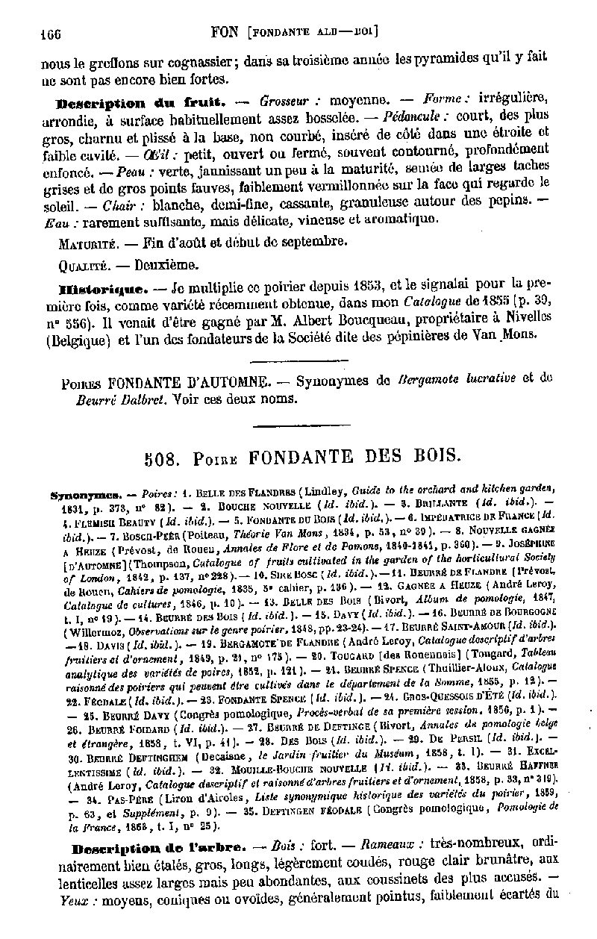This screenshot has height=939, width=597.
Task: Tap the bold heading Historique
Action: click(x=101, y=287)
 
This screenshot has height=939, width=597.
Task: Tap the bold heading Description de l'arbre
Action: click(x=152, y=849)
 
